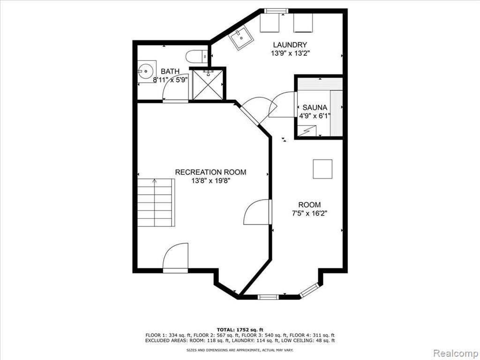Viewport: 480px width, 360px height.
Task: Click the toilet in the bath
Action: (197, 56)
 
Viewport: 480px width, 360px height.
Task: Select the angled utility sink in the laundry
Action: (242, 38)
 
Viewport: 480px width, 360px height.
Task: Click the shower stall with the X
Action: (208, 84)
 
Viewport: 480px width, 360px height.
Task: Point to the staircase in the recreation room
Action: (156, 202)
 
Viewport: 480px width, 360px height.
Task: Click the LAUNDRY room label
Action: (290, 45)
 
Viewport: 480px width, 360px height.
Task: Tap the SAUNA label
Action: (315, 107)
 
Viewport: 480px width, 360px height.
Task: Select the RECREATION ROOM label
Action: (210, 172)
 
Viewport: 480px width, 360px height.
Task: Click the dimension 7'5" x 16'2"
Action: (310, 213)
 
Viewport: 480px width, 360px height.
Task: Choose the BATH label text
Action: (170, 71)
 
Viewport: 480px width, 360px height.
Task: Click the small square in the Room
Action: (322, 169)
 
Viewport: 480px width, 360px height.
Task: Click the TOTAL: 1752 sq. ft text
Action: (240, 330)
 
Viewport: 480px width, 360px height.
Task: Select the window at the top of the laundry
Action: (277, 11)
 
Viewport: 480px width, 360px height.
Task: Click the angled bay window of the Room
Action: (309, 290)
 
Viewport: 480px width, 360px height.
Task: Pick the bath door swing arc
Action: (175, 87)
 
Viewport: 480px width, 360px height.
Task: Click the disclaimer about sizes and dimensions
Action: (240, 350)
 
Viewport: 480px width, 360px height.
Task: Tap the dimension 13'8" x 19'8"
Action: (211, 180)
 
